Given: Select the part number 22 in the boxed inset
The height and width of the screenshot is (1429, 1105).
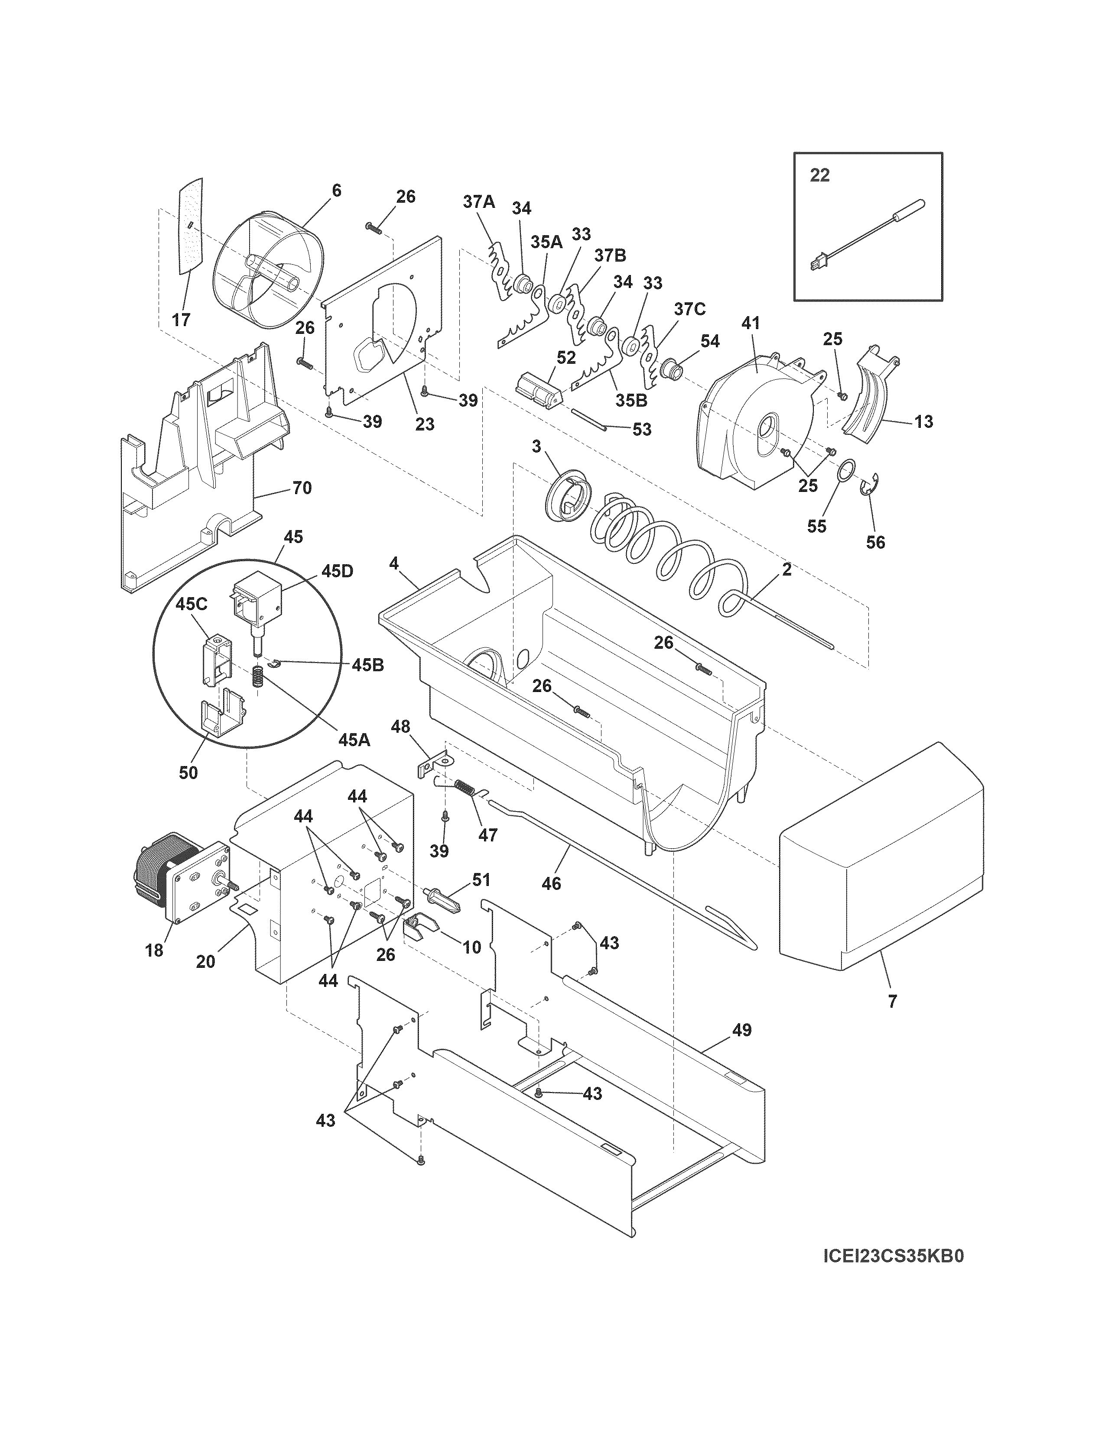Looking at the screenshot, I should click(x=819, y=175).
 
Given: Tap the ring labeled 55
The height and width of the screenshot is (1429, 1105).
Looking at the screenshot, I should click(x=846, y=470).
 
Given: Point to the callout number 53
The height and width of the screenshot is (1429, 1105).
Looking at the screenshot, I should click(x=641, y=430).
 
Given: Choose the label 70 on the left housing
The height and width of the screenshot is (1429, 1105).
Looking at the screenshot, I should click(x=301, y=488).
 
